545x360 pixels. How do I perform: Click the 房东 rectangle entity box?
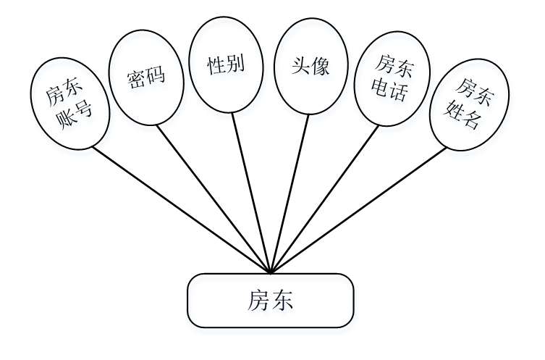(x=271, y=300)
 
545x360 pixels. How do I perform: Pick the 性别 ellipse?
(x=226, y=67)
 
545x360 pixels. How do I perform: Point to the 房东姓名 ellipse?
(x=468, y=104)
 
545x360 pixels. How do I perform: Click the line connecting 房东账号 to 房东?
(x=181, y=210)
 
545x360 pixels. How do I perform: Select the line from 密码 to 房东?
(x=214, y=199)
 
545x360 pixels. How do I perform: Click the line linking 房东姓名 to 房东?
(x=358, y=210)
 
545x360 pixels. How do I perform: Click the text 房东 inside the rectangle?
(x=271, y=300)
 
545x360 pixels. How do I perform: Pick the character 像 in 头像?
(x=321, y=67)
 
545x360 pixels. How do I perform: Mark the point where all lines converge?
(x=270, y=273)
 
